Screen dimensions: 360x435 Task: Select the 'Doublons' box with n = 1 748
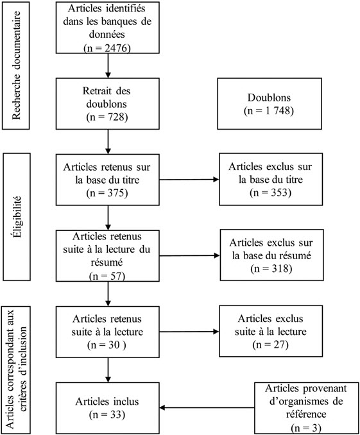click(270, 104)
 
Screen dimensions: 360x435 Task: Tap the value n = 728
click(107, 117)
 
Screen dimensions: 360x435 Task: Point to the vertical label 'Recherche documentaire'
click(17, 65)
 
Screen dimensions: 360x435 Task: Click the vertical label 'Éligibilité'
click(17, 217)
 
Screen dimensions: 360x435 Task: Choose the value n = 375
click(107, 193)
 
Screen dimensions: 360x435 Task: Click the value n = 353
click(271, 192)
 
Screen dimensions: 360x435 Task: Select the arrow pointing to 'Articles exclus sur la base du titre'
click(189, 180)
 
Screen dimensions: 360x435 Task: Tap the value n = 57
click(107, 276)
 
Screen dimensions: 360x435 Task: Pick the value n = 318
click(271, 268)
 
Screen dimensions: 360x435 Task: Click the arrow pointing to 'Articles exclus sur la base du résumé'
click(190, 255)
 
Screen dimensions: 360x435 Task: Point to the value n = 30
click(107, 345)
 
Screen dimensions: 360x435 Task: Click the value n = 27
click(271, 345)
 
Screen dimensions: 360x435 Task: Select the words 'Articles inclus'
click(107, 402)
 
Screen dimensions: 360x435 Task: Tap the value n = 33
click(107, 414)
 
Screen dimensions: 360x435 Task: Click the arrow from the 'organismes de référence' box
click(207, 407)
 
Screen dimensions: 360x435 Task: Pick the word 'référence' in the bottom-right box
click(306, 414)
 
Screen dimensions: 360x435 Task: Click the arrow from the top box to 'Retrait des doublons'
click(108, 65)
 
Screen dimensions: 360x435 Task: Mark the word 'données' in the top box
click(107, 35)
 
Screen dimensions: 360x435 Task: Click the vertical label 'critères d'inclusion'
click(23, 369)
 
